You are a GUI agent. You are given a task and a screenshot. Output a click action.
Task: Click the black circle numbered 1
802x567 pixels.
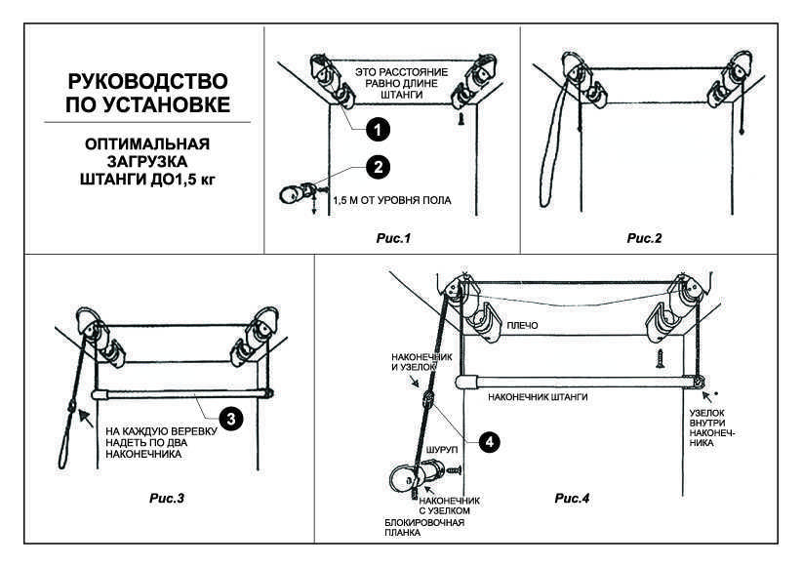(378, 130)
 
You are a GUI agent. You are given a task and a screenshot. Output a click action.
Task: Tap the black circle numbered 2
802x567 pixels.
(378, 167)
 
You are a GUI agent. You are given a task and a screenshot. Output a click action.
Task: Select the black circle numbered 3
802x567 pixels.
(230, 419)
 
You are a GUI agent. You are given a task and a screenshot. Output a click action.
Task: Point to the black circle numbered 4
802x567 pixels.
(489, 441)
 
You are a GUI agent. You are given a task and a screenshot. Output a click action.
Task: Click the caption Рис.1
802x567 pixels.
(393, 238)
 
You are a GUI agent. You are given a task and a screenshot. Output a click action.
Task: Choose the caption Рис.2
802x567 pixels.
(644, 238)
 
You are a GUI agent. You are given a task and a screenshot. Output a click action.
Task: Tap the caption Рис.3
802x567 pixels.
(167, 498)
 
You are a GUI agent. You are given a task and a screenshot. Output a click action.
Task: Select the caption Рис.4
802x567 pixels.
(572, 498)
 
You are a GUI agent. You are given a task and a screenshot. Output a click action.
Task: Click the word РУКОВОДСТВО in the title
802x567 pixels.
(147, 81)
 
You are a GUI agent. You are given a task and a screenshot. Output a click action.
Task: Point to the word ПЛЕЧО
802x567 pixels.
(522, 325)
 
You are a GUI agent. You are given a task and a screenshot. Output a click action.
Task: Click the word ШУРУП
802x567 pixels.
(442, 449)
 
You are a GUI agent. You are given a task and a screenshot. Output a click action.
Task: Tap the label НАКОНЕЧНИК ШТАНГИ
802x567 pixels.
(538, 396)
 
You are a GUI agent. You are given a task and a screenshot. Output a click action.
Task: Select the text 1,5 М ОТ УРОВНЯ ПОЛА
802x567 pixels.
(392, 200)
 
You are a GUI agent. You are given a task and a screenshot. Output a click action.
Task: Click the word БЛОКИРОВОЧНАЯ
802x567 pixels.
(424, 522)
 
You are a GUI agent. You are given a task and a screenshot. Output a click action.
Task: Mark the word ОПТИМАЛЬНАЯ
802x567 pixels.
(147, 143)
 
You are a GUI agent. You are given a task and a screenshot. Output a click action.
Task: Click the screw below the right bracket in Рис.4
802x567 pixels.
(660, 358)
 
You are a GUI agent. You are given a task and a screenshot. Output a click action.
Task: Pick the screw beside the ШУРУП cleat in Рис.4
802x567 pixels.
(454, 468)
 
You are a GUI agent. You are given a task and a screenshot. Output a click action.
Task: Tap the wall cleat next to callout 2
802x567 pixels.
(298, 193)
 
